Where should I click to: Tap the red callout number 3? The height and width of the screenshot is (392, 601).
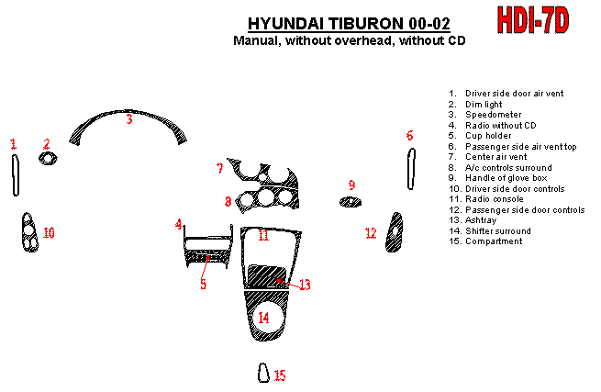point(129,119)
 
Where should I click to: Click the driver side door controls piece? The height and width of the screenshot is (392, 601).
point(28,233)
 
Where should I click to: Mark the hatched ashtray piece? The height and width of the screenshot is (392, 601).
point(270,274)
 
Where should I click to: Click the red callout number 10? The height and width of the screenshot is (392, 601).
point(49,233)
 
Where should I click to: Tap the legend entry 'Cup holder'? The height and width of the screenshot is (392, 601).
point(488,136)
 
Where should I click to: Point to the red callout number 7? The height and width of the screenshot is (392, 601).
point(219,168)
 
